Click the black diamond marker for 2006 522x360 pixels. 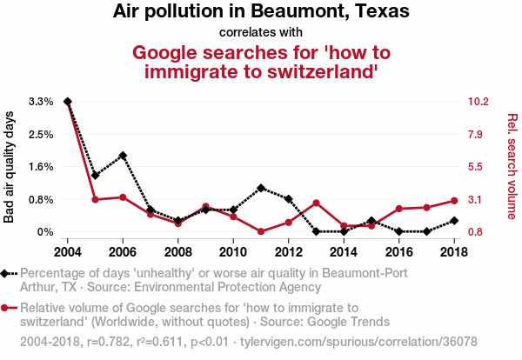[x=123, y=156]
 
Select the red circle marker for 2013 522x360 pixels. [x=316, y=203]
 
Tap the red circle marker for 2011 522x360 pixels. [x=261, y=231]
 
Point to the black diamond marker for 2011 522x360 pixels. [x=261, y=188]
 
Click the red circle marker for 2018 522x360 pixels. [x=453, y=201]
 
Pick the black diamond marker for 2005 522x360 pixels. [x=95, y=176]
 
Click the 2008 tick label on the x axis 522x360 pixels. [x=177, y=251]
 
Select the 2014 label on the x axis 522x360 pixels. [x=343, y=251]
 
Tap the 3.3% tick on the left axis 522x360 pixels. [x=42, y=102]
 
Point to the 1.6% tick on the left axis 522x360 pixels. [x=42, y=167]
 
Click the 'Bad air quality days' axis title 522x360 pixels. [x=10, y=167]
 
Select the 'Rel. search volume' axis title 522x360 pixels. [x=512, y=167]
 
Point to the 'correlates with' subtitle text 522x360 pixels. [x=261, y=32]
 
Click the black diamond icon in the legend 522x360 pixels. [x=8, y=273]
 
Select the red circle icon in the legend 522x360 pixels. [x=8, y=308]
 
